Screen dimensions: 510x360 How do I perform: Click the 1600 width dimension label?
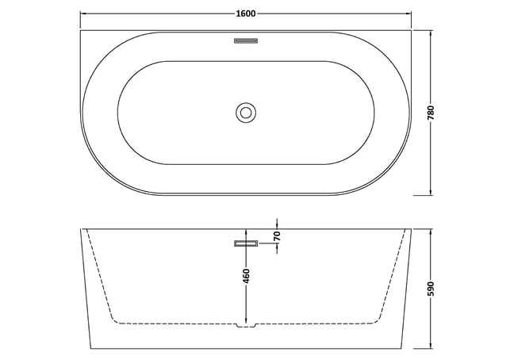coord(246,13)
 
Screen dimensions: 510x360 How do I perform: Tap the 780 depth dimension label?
coord(431,113)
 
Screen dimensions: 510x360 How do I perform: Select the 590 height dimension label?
coord(431,289)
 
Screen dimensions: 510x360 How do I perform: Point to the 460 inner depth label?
coord(246,276)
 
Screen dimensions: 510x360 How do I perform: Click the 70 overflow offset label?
coord(277,236)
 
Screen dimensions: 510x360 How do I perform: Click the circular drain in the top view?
coord(246,113)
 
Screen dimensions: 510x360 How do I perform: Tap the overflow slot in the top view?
coord(246,40)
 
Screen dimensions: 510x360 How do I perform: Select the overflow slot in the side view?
coord(246,243)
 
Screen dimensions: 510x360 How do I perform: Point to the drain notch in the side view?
coord(246,325)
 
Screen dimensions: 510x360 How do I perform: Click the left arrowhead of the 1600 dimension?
coord(83,13)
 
